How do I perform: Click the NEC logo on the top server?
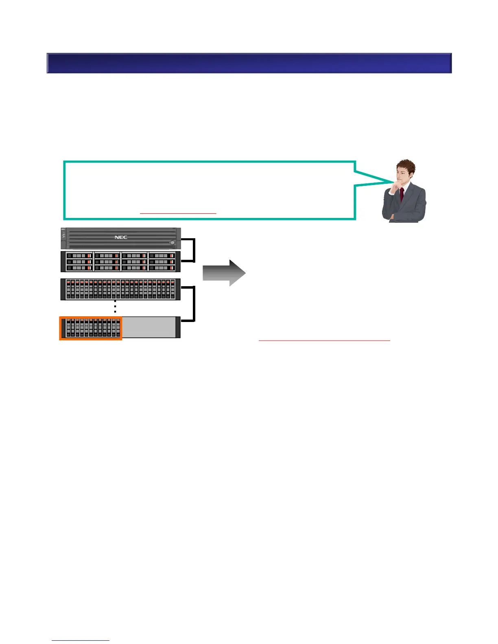(x=121, y=237)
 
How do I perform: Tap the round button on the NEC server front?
(x=173, y=243)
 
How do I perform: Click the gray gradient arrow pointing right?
(x=224, y=273)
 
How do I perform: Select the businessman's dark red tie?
(x=402, y=195)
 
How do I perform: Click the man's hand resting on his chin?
(x=394, y=188)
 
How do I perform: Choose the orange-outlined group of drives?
(x=91, y=328)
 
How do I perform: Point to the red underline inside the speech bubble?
(x=178, y=213)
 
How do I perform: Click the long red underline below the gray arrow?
(x=324, y=340)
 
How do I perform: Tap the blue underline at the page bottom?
(x=81, y=641)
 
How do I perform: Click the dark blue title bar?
(x=249, y=63)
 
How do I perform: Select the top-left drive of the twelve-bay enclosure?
(x=79, y=256)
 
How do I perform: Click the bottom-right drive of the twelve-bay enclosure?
(x=162, y=268)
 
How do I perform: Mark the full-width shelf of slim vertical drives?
(x=120, y=289)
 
